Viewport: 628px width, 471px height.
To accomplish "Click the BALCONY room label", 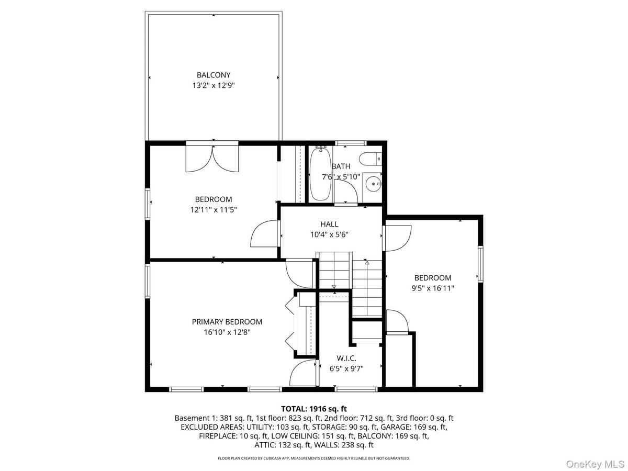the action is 214,75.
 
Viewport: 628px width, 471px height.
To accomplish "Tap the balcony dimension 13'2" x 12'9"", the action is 214,85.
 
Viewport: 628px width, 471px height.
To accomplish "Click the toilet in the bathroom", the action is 370,159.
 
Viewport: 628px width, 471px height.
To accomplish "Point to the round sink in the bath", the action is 373,183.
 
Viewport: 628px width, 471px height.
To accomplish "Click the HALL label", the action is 329,224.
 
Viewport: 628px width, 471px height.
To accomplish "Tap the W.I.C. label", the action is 346,358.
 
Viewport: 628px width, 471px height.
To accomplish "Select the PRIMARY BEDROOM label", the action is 227,322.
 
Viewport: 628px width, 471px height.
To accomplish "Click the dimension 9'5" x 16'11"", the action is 433,288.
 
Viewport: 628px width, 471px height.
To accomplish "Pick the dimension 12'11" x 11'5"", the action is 214,210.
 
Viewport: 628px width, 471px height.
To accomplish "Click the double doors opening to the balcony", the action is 212,158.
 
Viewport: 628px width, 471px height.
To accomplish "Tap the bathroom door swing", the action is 345,192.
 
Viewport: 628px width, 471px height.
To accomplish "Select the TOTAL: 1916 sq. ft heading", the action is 314,409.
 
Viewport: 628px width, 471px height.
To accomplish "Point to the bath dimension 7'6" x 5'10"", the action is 341,177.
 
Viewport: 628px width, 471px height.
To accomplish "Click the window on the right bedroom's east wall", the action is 480,264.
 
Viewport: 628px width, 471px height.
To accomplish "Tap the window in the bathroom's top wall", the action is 351,143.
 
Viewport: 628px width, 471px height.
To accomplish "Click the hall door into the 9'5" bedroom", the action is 397,238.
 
